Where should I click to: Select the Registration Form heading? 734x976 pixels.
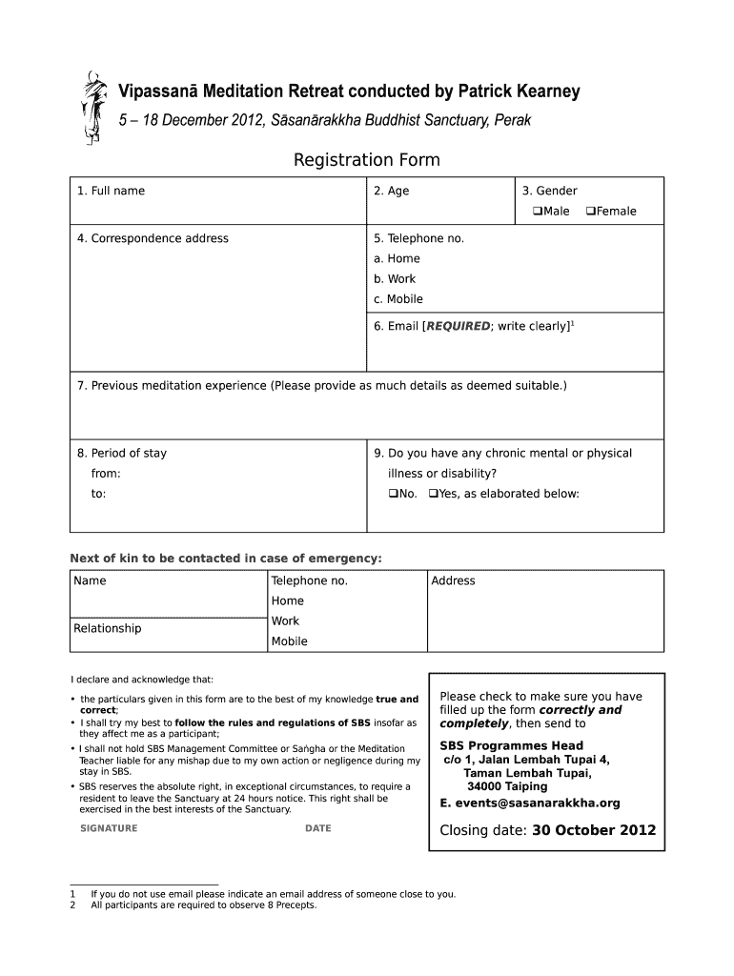(x=366, y=159)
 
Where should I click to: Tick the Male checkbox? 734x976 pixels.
(x=524, y=212)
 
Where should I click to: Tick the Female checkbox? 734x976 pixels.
(x=590, y=212)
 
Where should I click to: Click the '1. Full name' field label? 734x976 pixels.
(x=112, y=191)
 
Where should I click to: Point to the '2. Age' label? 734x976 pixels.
(x=391, y=191)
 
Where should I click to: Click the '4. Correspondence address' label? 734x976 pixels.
(x=153, y=238)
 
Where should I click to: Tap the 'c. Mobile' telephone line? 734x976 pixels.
(x=398, y=299)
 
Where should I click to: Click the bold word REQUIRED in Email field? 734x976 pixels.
(x=458, y=327)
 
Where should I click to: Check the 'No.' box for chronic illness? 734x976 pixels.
(x=392, y=494)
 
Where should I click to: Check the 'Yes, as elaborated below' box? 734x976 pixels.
(x=433, y=494)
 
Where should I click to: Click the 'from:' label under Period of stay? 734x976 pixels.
(x=106, y=474)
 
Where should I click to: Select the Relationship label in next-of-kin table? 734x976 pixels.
(x=107, y=628)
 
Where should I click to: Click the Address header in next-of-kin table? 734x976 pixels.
(x=453, y=580)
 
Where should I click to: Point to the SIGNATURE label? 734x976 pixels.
(x=109, y=828)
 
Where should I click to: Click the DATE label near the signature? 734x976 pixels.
(x=317, y=828)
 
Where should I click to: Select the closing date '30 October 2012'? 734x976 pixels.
(x=594, y=830)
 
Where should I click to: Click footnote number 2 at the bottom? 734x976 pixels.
(x=72, y=905)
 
